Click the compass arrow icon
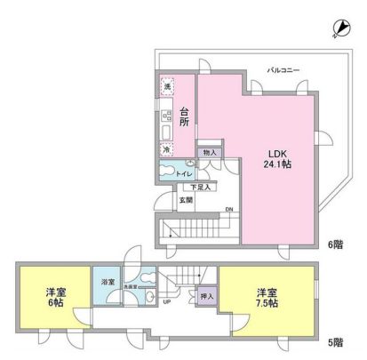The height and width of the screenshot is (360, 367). tap(342, 29)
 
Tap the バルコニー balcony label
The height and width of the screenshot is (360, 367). tap(285, 68)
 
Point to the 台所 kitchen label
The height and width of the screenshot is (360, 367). tap(185, 116)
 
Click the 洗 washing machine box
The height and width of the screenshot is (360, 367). tap(166, 86)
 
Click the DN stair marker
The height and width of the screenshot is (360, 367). tap(228, 209)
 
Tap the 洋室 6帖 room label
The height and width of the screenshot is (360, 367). tap(55, 297)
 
